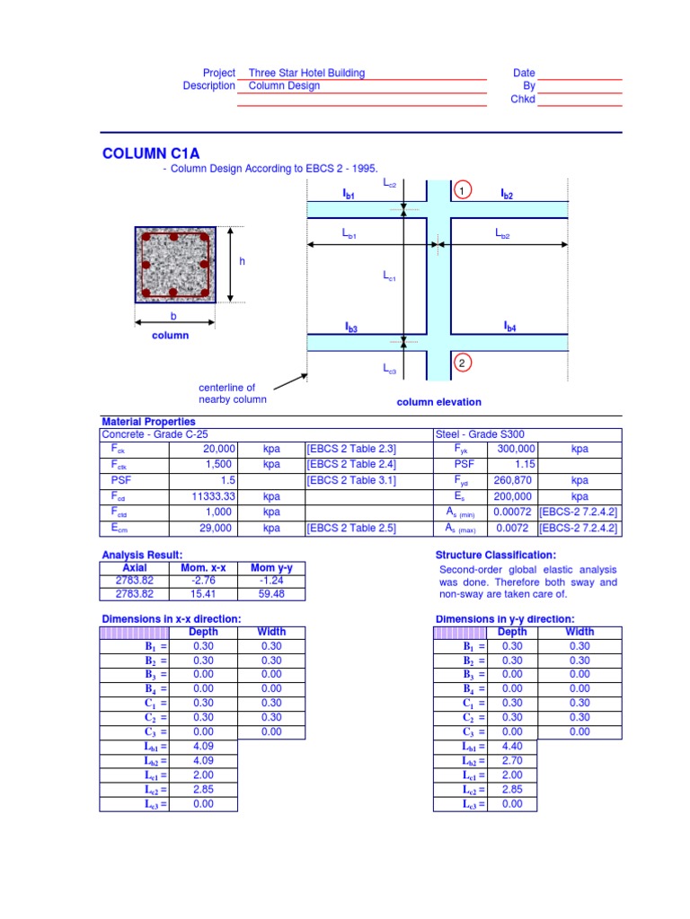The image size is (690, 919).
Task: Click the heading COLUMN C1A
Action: pos(151,154)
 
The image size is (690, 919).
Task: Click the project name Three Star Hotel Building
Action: pos(306,73)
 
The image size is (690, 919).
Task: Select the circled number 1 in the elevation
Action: pos(460,191)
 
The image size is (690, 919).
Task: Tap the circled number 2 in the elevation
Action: pos(460,363)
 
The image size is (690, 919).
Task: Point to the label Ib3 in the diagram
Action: pos(350,329)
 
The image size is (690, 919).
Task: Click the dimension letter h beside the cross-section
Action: pos(242,261)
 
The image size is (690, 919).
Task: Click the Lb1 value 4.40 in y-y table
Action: pos(511,746)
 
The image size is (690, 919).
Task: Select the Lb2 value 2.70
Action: pos(511,760)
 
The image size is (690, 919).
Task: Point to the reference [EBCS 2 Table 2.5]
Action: pos(351,529)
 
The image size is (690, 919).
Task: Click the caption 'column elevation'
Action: pos(439,402)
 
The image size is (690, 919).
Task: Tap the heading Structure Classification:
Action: pos(495,555)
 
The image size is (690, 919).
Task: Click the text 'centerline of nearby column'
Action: pos(232,393)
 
